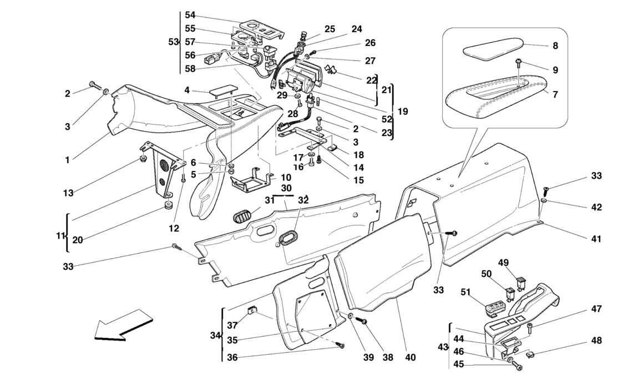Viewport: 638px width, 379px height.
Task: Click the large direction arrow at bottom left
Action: coord(122,325)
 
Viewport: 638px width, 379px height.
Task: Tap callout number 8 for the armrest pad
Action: coord(555,46)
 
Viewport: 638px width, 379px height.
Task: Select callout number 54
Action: coord(190,15)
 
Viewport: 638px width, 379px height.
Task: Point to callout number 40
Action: coord(411,357)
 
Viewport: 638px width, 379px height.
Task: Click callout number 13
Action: coord(68,193)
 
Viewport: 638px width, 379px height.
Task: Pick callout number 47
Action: coord(596,309)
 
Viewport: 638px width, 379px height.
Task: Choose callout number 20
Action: coord(77,240)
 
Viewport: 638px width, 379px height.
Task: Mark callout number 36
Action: coord(232,357)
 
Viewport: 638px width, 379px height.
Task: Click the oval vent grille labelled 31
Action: coord(242,215)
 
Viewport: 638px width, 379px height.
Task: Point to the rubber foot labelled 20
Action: coord(167,204)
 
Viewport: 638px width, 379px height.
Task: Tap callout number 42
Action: coord(596,207)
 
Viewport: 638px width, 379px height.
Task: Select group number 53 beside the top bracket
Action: coord(173,42)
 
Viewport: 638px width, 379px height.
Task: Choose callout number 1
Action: coord(68,160)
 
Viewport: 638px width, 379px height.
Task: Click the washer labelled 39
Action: coord(350,316)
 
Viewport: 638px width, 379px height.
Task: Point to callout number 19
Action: coord(402,111)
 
